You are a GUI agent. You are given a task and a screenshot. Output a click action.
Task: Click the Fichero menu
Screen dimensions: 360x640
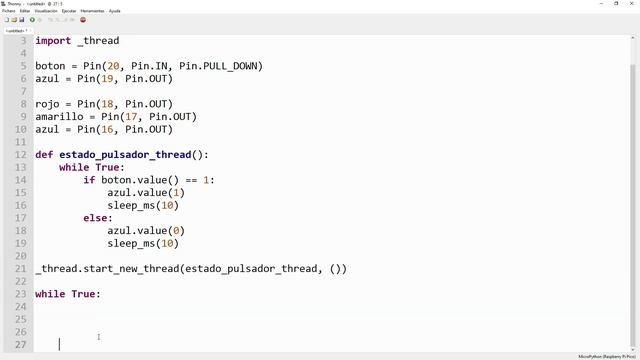pos(8,11)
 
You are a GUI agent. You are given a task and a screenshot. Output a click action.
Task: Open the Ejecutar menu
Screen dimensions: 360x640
pos(69,11)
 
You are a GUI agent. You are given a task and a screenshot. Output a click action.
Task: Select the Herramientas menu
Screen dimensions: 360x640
pos(92,11)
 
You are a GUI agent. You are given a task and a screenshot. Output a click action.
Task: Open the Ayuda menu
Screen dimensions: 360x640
pos(114,11)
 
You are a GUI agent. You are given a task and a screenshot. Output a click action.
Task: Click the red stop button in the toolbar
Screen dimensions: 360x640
pos(82,20)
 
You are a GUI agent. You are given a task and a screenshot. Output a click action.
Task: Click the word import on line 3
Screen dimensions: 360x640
pos(53,41)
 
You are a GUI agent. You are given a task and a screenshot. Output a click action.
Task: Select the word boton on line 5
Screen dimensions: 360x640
pos(50,66)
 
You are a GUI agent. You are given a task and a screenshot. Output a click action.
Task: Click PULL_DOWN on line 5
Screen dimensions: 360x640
pos(233,66)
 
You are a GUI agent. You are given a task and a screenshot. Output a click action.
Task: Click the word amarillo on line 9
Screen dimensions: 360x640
pos(59,117)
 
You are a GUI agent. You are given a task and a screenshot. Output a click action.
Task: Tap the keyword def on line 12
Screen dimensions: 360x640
pos(44,155)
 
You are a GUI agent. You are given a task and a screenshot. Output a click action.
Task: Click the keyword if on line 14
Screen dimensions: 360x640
pos(89,181)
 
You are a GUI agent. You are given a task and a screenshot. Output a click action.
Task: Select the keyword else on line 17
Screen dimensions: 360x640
pos(98,218)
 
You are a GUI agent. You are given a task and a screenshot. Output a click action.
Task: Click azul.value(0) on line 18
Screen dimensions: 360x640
pos(146,231)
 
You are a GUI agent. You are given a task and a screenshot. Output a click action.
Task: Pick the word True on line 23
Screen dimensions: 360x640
pos(83,294)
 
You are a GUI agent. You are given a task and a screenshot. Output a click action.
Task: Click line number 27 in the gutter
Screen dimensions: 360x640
pos(21,345)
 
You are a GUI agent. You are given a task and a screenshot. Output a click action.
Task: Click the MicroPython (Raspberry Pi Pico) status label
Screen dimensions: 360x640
pos(606,356)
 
